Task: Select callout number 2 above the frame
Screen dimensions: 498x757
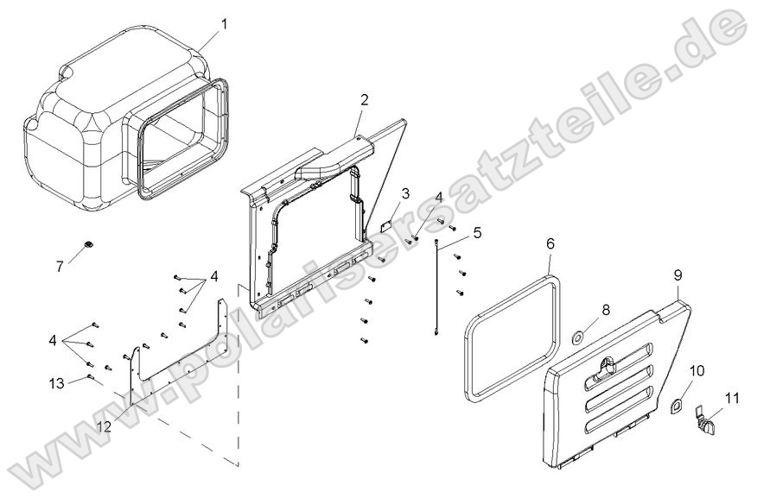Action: tap(364, 99)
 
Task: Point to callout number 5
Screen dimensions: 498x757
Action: tap(477, 231)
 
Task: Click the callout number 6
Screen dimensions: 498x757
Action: tap(550, 243)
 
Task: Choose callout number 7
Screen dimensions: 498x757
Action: tap(60, 267)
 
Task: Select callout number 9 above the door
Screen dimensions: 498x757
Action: tap(678, 275)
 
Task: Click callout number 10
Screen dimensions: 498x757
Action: tap(697, 370)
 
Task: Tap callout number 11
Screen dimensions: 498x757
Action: tap(732, 398)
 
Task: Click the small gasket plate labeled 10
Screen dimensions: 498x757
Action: tap(677, 404)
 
